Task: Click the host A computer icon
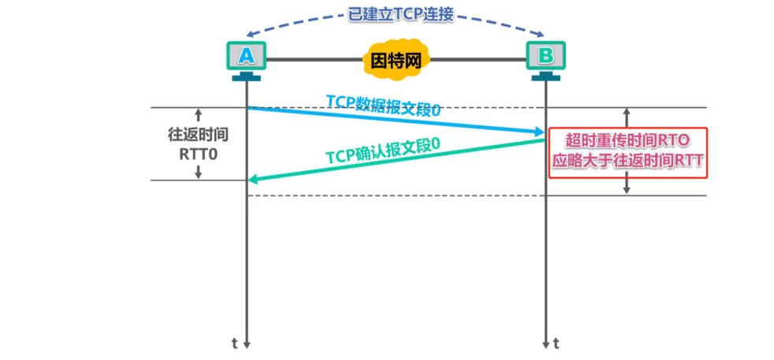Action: coord(246,58)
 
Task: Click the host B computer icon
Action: coord(545,58)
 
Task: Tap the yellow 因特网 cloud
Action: coord(396,59)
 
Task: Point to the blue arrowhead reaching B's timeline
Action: coord(538,131)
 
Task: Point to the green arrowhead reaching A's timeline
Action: coord(254,180)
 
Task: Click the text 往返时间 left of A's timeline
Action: coord(199,134)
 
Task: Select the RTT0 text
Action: coord(199,152)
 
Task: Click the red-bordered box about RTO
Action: coord(627,152)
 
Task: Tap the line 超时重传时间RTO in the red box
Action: coord(628,141)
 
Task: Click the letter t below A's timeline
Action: coord(234,343)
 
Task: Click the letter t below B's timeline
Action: coord(556,343)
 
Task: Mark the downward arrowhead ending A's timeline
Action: coord(247,343)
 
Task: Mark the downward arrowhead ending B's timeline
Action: coord(545,343)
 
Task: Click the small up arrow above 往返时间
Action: coord(199,114)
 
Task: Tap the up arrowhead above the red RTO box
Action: coord(627,113)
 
